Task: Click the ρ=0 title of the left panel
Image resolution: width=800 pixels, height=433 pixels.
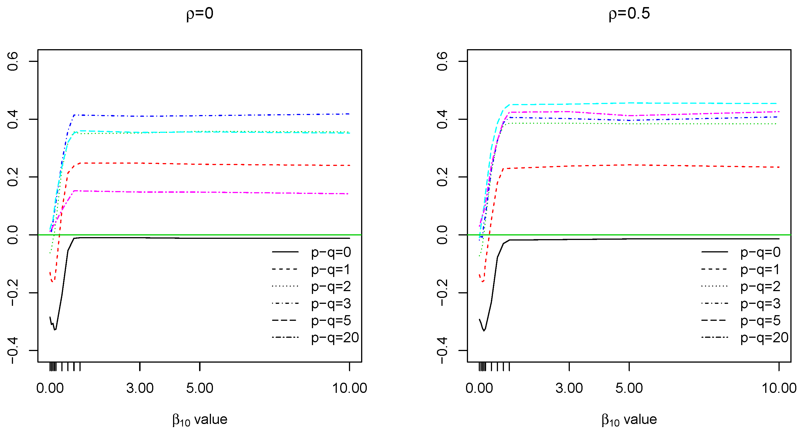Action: tap(200, 14)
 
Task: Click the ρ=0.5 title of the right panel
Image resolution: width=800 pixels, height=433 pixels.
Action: tap(629, 14)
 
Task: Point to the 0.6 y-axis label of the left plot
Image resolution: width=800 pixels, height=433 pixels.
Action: tap(13, 61)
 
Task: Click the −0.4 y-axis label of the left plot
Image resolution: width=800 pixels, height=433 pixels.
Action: tap(13, 351)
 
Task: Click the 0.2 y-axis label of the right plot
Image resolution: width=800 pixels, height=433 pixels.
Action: tap(442, 177)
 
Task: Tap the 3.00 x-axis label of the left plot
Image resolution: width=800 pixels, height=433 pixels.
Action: tap(140, 388)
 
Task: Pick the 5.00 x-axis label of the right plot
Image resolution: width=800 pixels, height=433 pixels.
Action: tap(629, 388)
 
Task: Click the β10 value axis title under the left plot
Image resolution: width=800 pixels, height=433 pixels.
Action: tap(200, 420)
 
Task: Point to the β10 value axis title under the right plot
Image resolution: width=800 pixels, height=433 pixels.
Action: tap(629, 420)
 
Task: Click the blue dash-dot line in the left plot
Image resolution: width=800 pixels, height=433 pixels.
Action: tap(217, 116)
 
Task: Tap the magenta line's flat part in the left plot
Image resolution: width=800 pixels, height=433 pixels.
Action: tap(217, 192)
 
